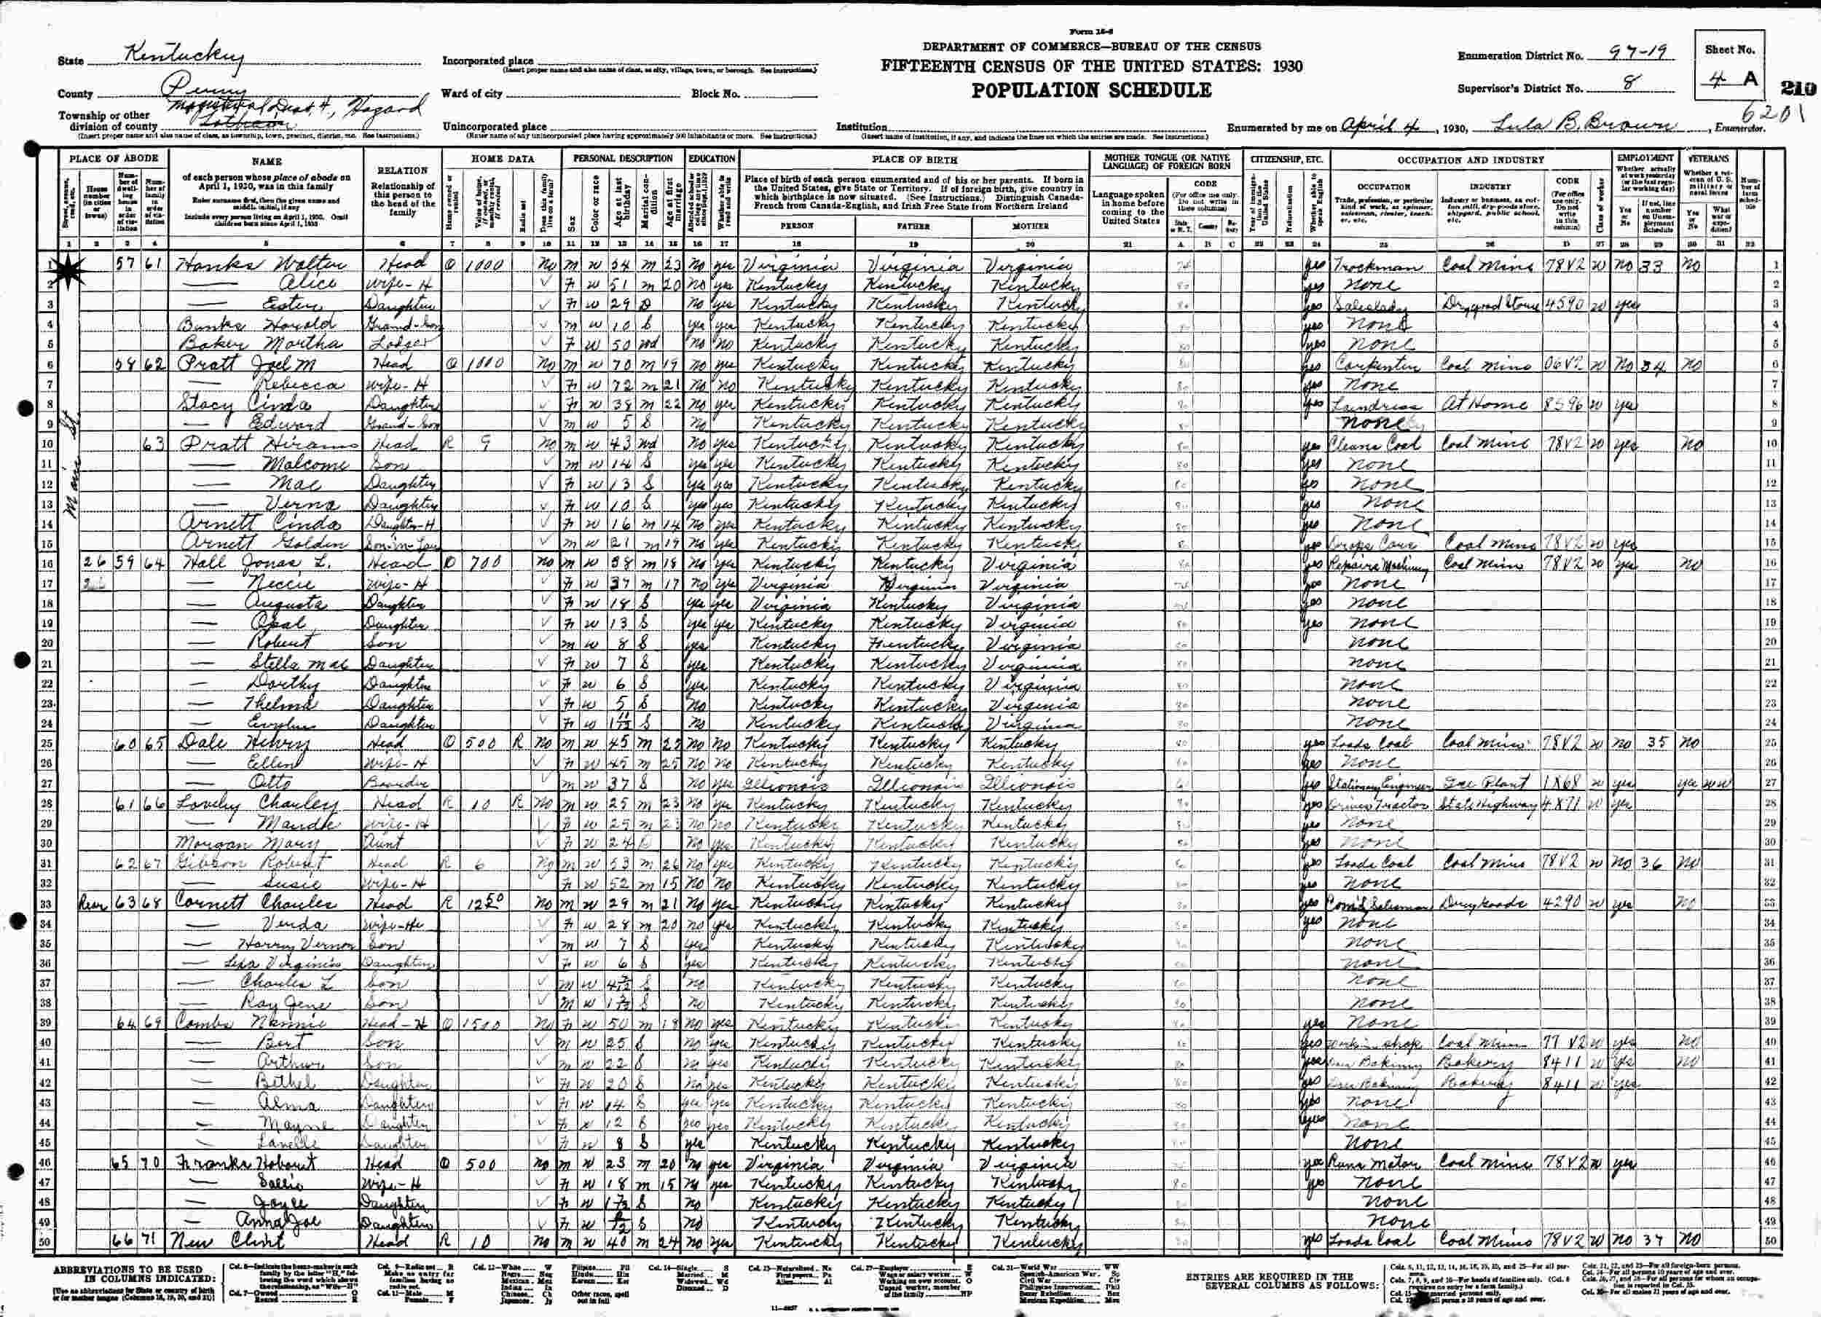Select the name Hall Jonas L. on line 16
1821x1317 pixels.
(x=241, y=562)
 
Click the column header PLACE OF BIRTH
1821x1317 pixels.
(x=913, y=160)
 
